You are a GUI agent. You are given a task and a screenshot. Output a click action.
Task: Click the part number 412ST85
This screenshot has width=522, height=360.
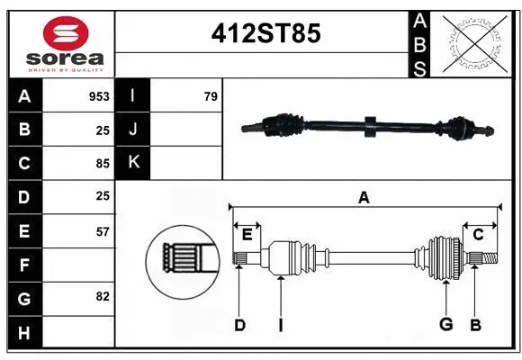tap(265, 33)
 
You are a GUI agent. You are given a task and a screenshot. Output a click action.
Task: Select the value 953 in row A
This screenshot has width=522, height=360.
tap(98, 96)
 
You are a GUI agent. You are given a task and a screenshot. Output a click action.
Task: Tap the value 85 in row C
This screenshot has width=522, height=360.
tap(103, 164)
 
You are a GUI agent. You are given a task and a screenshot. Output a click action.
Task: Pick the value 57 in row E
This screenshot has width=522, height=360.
tap(103, 231)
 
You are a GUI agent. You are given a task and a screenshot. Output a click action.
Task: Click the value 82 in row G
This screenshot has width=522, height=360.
tap(103, 296)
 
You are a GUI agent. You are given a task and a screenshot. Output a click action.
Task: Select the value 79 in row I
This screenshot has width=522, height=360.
tap(210, 96)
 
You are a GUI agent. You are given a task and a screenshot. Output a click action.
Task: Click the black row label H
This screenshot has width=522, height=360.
tap(23, 333)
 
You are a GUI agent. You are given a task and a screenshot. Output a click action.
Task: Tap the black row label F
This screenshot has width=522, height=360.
tap(23, 265)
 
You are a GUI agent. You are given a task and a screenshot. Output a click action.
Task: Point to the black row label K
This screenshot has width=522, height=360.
tap(134, 163)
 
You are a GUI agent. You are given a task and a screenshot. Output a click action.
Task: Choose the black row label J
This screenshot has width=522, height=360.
tap(134, 130)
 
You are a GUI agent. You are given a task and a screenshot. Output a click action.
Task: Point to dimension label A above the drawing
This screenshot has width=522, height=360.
tap(364, 196)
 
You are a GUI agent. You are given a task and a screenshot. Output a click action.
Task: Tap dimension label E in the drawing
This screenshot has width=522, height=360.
tap(247, 234)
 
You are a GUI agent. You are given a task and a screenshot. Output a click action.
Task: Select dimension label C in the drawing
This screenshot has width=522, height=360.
tap(479, 234)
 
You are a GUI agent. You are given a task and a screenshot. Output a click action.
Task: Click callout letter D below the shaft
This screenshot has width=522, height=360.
tap(239, 325)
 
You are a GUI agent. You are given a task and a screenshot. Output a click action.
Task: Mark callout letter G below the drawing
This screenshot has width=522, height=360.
tap(445, 325)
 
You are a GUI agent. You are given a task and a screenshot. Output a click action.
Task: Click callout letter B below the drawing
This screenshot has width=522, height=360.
tap(476, 325)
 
